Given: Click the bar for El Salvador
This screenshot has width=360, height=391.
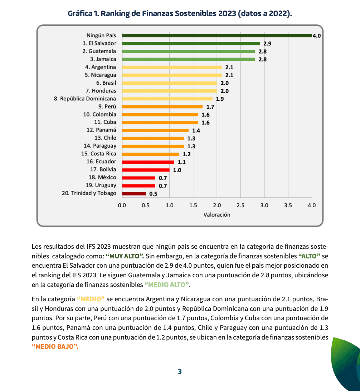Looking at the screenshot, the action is (x=191, y=43).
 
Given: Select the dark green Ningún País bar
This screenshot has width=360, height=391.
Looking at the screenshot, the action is (x=217, y=36).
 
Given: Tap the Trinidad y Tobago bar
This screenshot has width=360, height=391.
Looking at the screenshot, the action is (x=134, y=194).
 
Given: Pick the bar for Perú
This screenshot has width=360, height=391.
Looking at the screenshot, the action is (x=162, y=107).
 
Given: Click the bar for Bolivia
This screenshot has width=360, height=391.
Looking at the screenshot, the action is (x=146, y=170).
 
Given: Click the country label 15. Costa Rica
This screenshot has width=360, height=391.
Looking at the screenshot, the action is (x=99, y=154).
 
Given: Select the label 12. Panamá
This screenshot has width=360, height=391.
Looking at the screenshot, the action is (x=101, y=130).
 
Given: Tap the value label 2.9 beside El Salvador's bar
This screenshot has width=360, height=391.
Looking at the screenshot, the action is (x=267, y=44).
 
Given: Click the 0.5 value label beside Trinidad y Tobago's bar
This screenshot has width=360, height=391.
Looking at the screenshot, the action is (x=153, y=194).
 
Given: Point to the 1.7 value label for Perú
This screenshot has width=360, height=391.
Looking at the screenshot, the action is (x=210, y=107).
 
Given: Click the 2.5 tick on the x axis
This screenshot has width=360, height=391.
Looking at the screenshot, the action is (x=241, y=206).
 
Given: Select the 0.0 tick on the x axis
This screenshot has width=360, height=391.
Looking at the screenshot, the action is (x=122, y=206).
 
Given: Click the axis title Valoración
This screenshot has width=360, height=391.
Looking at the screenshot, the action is (x=217, y=215).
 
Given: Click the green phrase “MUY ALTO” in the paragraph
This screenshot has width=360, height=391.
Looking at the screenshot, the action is (x=125, y=256).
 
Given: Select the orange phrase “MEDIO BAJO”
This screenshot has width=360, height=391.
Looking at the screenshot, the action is (x=55, y=347).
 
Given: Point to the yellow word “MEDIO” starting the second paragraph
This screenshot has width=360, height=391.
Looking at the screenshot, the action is (x=91, y=299).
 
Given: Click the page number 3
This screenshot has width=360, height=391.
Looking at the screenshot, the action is (x=180, y=372).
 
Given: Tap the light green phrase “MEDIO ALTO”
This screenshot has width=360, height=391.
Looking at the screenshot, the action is (x=167, y=285).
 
